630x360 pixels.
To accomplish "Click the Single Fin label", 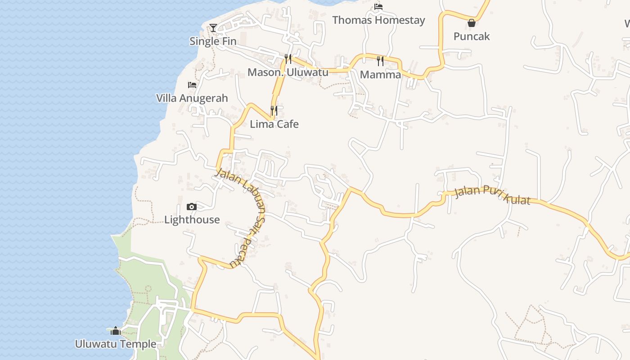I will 213,41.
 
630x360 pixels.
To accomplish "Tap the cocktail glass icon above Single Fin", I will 213,28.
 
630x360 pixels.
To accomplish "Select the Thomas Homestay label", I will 378,20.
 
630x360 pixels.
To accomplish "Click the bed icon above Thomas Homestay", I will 378,7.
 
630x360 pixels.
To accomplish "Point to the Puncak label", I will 471,36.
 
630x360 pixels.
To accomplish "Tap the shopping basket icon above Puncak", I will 472,23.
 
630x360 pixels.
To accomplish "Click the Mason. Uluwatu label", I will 288,72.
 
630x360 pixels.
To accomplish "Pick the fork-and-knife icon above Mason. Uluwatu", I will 288,59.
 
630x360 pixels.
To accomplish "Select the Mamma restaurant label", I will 380,75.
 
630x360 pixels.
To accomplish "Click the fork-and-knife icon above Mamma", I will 380,61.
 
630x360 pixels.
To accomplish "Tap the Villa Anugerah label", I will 192,98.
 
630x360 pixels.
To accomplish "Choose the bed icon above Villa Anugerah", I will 192,85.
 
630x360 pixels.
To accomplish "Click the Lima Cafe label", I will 274,124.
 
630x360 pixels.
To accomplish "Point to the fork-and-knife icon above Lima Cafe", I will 274,111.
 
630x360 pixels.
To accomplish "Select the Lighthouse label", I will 192,220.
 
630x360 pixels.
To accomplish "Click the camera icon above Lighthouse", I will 192,207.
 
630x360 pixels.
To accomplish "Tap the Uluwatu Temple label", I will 116,344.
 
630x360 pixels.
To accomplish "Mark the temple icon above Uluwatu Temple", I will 116,331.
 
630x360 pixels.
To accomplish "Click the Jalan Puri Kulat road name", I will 492,195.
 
